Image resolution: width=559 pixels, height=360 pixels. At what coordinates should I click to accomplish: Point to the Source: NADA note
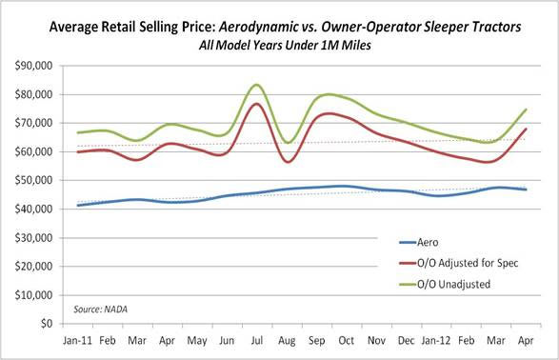pyautogui.click(x=102, y=309)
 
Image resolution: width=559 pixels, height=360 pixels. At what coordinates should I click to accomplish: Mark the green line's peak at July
pyautogui.click(x=256, y=85)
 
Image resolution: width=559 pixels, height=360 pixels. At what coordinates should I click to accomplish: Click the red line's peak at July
pyautogui.click(x=256, y=104)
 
